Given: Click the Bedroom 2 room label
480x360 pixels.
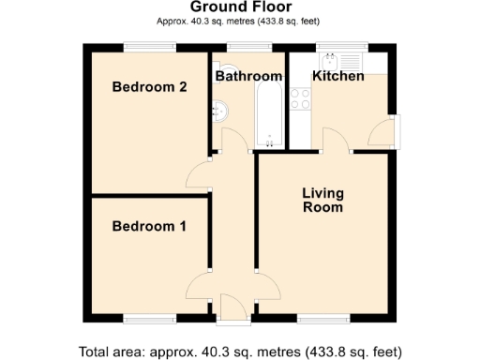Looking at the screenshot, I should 149,87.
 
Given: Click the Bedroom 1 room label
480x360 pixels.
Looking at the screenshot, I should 149,226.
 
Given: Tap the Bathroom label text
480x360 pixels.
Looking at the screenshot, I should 248,76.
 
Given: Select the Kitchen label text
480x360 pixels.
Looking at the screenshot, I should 337,76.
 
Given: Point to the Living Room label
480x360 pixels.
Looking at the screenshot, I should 322,201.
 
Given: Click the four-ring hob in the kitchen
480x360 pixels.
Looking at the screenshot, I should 302,98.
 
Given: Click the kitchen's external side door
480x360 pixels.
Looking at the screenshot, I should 382,134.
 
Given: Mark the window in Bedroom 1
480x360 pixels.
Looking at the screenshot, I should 150,319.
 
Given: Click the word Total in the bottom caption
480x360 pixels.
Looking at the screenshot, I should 97,352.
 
